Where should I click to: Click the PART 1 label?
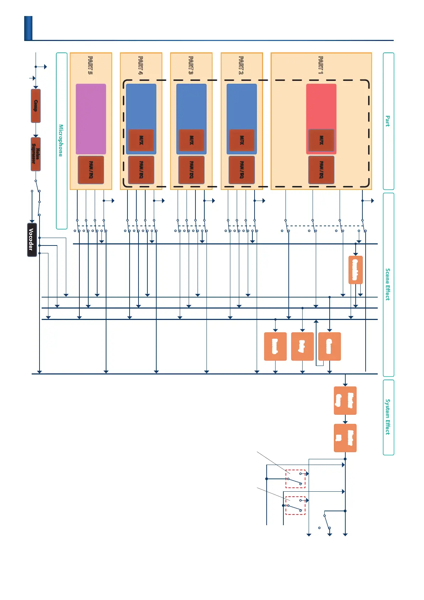click(321, 65)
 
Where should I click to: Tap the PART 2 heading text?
click(241, 65)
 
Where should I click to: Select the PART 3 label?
click(191, 65)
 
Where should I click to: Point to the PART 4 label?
click(141, 65)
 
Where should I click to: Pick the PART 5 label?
click(90, 65)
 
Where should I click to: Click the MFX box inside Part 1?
click(321, 140)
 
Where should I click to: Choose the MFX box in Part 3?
click(191, 140)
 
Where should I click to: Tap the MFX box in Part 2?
click(242, 140)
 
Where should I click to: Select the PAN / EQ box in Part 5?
click(91, 170)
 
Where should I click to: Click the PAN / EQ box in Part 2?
click(242, 170)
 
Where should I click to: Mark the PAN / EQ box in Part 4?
click(141, 170)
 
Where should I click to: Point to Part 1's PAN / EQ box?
click(321, 170)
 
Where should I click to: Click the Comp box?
click(36, 106)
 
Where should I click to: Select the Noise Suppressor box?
click(36, 154)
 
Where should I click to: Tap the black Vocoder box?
click(32, 239)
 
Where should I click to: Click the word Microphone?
click(61, 140)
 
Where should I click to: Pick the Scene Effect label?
click(388, 284)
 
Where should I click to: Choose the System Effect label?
click(388, 417)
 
